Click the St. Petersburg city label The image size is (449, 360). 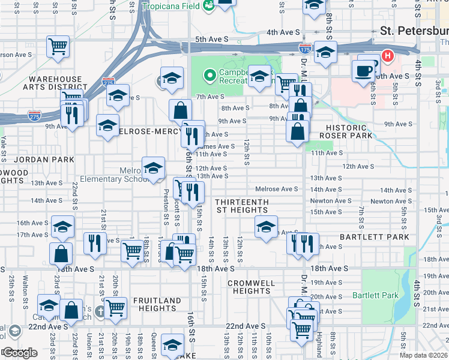pyautogui.click(x=414, y=31)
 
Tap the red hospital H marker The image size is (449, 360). pyautogui.click(x=387, y=56)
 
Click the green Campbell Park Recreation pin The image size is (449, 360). pyautogui.click(x=209, y=76)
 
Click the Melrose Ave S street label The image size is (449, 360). pyautogui.click(x=277, y=189)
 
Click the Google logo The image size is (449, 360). pyautogui.click(x=20, y=353)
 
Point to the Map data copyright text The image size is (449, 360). pyautogui.click(x=424, y=355)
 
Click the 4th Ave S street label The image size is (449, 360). pyautogui.click(x=283, y=32)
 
